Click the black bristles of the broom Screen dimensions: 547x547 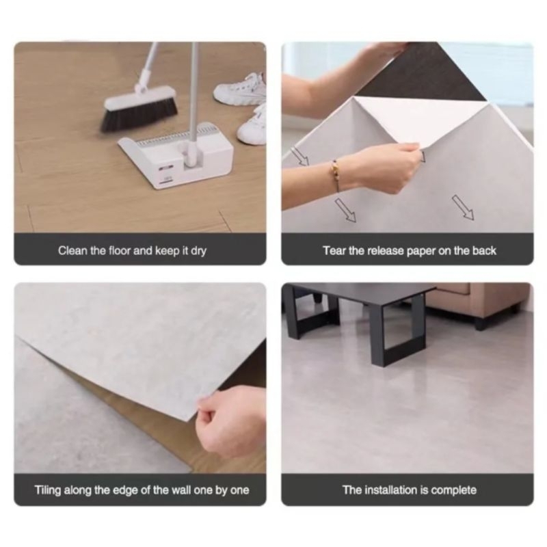pyautogui.click(x=139, y=114)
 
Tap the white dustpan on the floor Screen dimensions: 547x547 pyautogui.click(x=176, y=155)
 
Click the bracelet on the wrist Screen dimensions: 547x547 pyautogui.click(x=335, y=176)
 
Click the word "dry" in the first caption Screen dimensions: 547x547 pyautogui.click(x=198, y=251)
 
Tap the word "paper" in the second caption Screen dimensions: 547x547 pyautogui.click(x=421, y=252)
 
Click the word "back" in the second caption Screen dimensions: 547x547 pyautogui.click(x=484, y=250)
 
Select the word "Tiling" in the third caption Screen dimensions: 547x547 pyautogui.click(x=48, y=490)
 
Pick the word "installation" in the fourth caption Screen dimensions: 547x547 pyautogui.click(x=390, y=490)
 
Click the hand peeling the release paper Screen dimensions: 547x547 pyautogui.click(x=395, y=168)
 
